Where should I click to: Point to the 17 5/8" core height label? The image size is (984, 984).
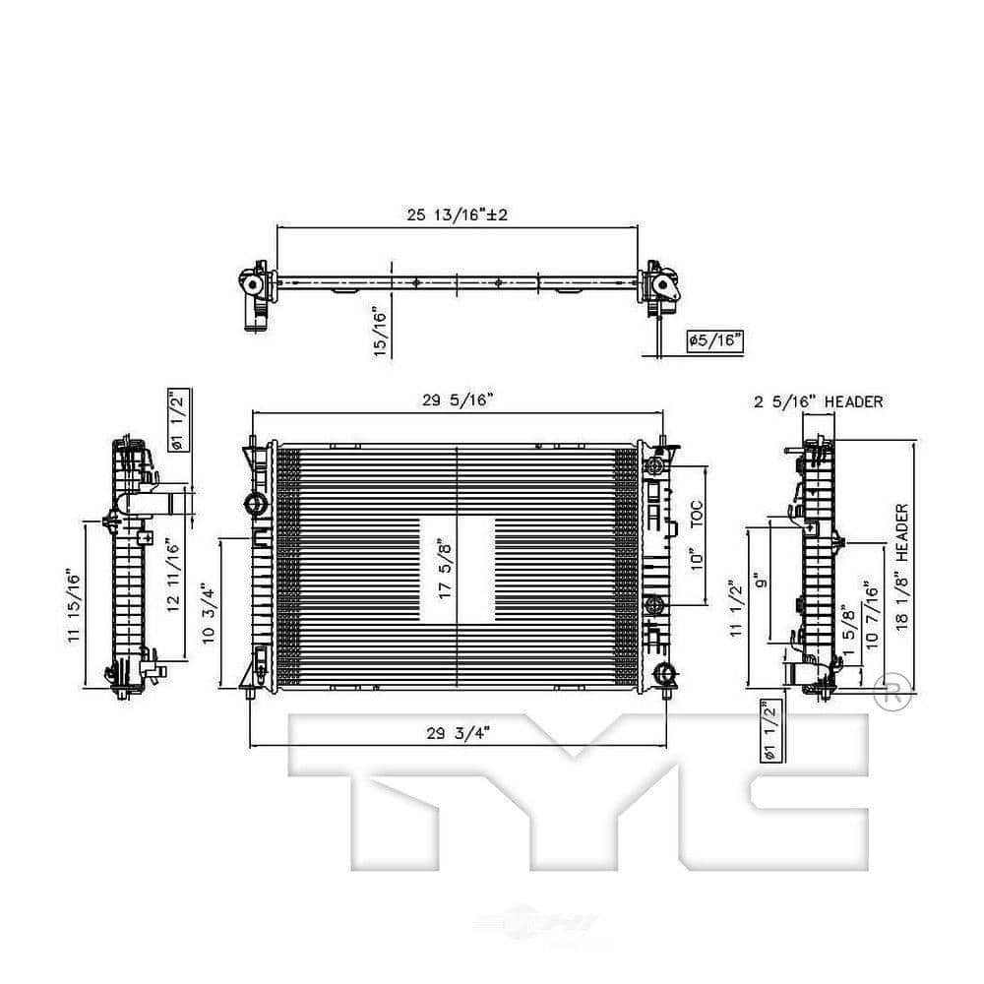point(445,571)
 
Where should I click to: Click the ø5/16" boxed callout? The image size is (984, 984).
point(714,341)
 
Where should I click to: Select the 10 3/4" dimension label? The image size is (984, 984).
point(208,613)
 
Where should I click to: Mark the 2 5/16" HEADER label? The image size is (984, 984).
point(819,401)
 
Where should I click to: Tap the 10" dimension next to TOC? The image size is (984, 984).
point(697,559)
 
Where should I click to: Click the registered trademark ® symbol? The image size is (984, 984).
point(888,692)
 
